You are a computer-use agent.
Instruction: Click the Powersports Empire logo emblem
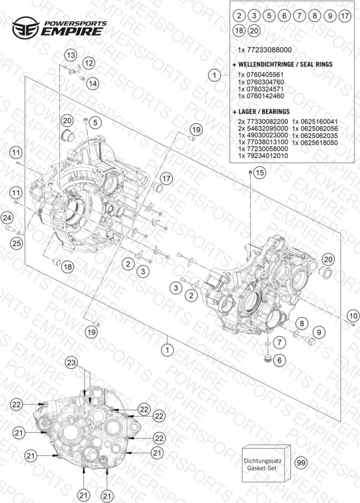coord(25,27)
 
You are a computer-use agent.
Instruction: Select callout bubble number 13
coord(71,55)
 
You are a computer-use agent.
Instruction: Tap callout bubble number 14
coord(93,84)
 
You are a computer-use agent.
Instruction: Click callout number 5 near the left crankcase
coord(95,122)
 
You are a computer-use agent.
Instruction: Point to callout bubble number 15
coord(259,173)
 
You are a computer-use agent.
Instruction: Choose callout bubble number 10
coord(353,316)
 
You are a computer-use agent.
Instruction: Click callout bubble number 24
coord(7,218)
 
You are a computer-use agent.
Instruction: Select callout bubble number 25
coord(16,244)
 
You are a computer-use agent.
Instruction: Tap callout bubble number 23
coord(72,363)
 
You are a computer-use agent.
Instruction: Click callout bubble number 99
coord(301,463)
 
